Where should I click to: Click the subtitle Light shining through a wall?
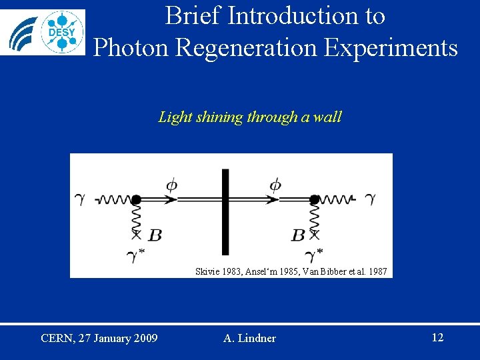tap(250, 117)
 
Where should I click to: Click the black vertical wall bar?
tap(225, 211)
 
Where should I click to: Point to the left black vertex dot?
tap(135, 199)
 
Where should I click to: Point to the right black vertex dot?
tap(315, 199)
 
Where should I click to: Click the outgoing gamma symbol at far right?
tap(370, 199)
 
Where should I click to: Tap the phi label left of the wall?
tap(171, 185)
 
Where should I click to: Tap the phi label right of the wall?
tap(275, 185)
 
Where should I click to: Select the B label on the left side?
tap(155, 235)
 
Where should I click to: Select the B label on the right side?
tap(298, 235)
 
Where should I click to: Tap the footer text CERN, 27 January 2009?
tap(99, 338)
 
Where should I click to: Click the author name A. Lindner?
tap(249, 339)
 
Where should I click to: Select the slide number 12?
tap(437, 337)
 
